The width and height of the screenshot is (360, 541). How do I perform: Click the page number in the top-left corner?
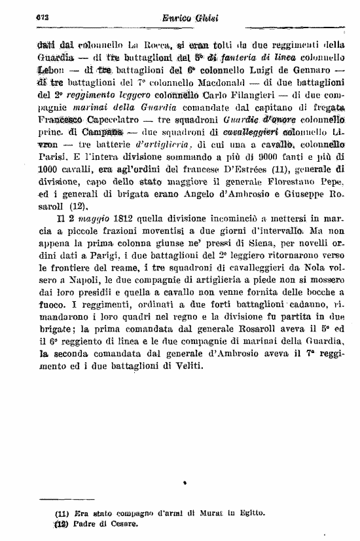point(27,19)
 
